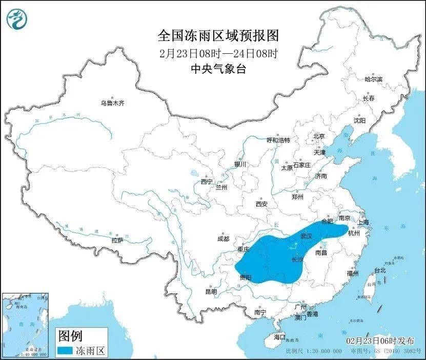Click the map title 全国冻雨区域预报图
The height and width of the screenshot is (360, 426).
218,36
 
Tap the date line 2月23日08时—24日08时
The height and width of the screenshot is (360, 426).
218,53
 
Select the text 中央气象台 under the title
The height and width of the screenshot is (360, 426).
218,69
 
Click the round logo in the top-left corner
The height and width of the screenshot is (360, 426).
16,20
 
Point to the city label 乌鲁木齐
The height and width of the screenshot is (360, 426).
112,103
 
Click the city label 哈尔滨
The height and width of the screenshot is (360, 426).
373,79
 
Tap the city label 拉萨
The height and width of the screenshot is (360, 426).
117,240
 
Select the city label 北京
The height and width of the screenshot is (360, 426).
319,136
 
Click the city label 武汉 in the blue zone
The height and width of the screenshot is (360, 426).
307,237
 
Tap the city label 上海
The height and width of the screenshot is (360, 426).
363,223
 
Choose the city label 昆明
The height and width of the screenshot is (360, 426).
211,291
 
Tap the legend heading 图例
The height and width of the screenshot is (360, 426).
70,336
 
